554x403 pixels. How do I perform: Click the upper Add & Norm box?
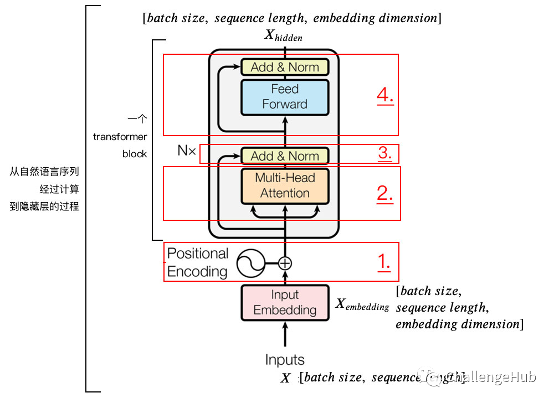(285, 67)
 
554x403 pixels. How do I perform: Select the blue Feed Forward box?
(285, 97)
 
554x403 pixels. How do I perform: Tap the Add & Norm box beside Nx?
(285, 156)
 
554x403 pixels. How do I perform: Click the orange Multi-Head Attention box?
(285, 185)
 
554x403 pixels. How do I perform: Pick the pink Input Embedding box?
(285, 303)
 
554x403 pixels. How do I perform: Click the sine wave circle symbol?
(250, 263)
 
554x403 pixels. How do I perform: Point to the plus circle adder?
(285, 263)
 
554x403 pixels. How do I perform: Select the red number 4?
(385, 95)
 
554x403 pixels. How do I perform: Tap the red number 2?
(385, 193)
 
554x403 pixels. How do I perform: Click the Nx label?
(187, 151)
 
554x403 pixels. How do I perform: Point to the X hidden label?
(283, 35)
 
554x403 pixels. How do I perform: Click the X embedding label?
(362, 304)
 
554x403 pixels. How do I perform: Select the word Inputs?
(285, 360)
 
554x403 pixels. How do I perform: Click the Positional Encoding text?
(198, 262)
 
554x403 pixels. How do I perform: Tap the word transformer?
(120, 137)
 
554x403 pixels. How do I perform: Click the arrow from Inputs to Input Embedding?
(285, 335)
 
